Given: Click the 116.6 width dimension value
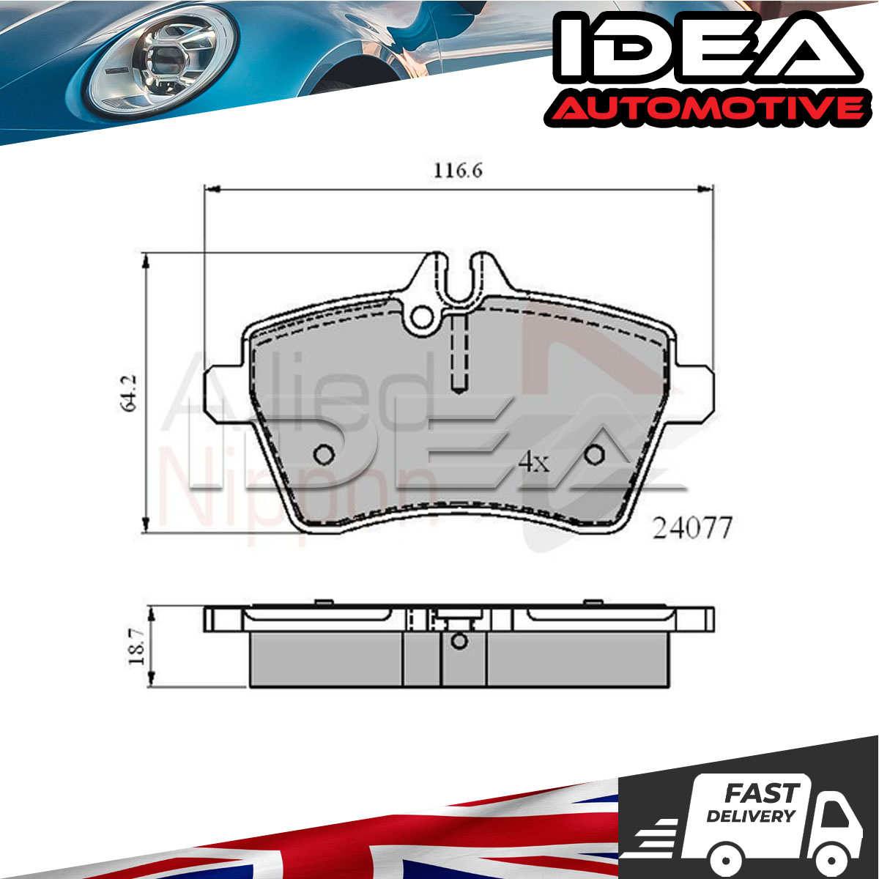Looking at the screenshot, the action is pos(458,171).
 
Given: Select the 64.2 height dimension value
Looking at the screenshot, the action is pos(129,393).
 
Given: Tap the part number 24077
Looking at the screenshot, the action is pos(692,528).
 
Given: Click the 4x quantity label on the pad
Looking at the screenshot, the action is pos(534,462).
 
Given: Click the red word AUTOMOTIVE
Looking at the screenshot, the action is pos(705,109).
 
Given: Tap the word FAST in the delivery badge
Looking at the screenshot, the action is pos(762,793).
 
